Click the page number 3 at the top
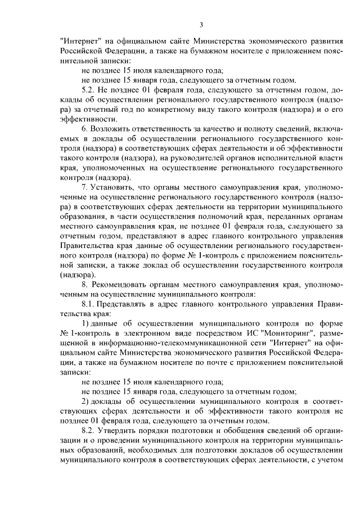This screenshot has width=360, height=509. point(201,24)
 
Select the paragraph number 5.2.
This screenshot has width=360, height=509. point(89,89)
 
